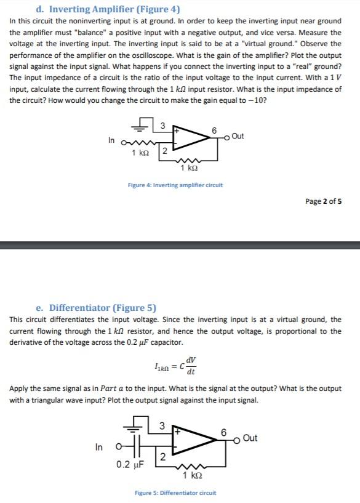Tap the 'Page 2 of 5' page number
tap(324, 201)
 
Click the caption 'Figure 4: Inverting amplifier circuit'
tap(175, 185)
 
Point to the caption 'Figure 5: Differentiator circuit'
tap(175, 493)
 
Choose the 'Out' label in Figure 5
tap(250, 438)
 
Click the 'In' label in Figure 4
tap(111, 140)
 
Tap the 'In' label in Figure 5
tap(98, 448)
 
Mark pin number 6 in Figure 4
tap(214, 131)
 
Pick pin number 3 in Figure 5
tap(161, 425)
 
